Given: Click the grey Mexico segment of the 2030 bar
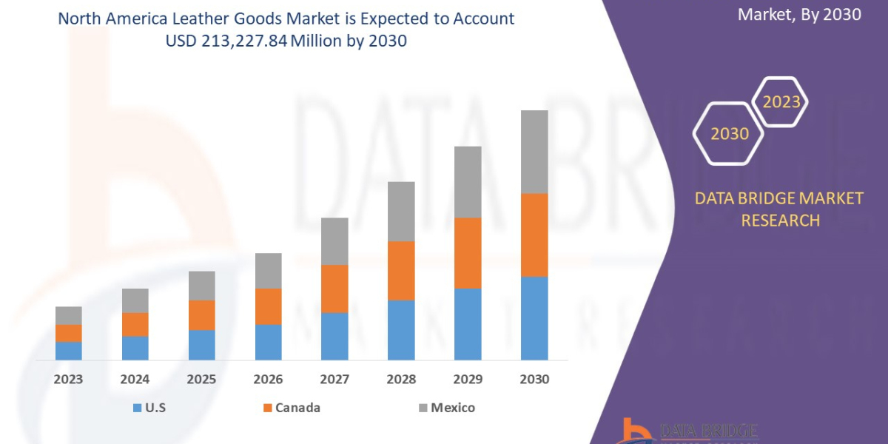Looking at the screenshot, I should pyautogui.click(x=534, y=152).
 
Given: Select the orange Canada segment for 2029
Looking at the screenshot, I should pyautogui.click(x=468, y=252).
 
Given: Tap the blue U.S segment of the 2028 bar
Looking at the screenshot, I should pyautogui.click(x=401, y=330).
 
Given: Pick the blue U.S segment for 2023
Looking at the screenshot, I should pyautogui.click(x=68, y=351).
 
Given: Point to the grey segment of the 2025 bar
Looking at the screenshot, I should pyautogui.click(x=201, y=286).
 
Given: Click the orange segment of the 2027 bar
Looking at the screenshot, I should pyautogui.click(x=334, y=289).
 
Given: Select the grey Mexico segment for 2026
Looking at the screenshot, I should pyautogui.click(x=268, y=271).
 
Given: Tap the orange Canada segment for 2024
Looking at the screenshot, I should pyautogui.click(x=135, y=324).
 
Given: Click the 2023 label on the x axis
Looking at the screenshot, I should pyautogui.click(x=68, y=380).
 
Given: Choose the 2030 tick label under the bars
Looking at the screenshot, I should pyautogui.click(x=534, y=380).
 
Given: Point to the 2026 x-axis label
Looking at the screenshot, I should pyautogui.click(x=268, y=380).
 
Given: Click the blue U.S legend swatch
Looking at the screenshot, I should pyautogui.click(x=136, y=408).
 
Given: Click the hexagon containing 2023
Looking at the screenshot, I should pyautogui.click(x=781, y=102).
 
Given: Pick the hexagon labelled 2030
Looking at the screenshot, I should pyautogui.click(x=729, y=133).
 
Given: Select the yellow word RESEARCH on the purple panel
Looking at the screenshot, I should pyautogui.click(x=779, y=221).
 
